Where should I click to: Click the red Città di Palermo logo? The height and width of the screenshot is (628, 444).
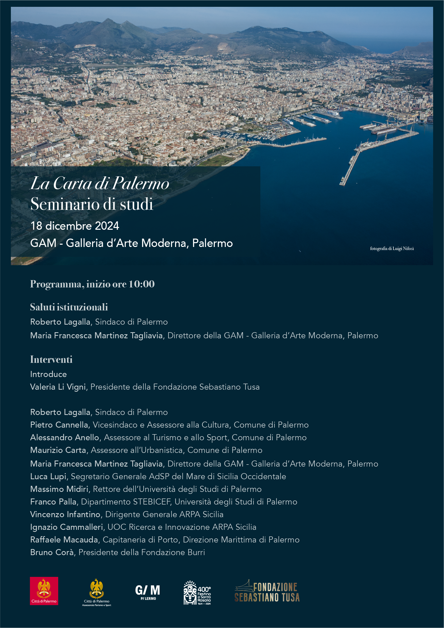click(44, 591)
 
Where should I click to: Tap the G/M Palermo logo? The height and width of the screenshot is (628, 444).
click(148, 592)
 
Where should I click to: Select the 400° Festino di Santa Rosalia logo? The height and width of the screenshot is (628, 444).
click(197, 592)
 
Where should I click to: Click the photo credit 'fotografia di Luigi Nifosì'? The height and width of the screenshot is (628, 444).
click(392, 248)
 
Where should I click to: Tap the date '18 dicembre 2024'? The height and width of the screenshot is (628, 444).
click(75, 226)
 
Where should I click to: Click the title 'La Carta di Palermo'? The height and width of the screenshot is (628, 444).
click(100, 183)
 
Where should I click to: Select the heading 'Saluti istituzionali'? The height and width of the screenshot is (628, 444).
click(69, 307)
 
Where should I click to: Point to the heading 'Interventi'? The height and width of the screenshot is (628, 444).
click(51, 359)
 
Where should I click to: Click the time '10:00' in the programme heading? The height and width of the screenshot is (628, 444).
click(142, 284)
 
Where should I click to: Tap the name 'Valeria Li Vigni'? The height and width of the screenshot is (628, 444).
click(58, 387)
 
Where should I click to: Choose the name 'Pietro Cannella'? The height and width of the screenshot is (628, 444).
click(59, 425)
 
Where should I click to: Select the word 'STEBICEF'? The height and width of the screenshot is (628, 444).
click(152, 502)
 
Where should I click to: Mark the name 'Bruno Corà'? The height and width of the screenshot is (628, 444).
click(52, 552)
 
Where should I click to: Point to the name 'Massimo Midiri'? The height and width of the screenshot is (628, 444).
click(59, 489)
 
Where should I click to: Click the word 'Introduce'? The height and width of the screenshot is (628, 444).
click(48, 374)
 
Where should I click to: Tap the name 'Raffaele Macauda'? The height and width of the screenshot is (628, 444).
click(64, 540)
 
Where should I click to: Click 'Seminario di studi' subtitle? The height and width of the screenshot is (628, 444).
click(92, 204)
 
